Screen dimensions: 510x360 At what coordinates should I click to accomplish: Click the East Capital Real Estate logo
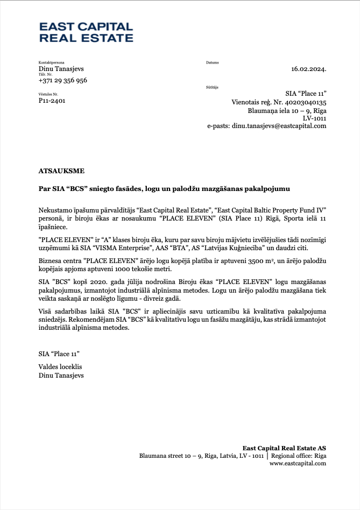click(x=86, y=32)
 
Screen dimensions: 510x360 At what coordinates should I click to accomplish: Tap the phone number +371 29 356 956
click(x=63, y=80)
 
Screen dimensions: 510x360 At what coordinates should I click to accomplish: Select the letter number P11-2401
click(x=52, y=101)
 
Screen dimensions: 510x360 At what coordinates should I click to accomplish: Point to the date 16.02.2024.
click(x=309, y=69)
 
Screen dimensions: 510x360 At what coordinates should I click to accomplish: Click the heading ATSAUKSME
click(x=61, y=171)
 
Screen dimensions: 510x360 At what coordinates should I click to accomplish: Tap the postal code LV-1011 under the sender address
click(x=315, y=118)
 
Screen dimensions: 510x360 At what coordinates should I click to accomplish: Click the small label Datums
click(x=213, y=63)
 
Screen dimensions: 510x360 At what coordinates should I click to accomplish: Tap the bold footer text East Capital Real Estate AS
click(x=284, y=448)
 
